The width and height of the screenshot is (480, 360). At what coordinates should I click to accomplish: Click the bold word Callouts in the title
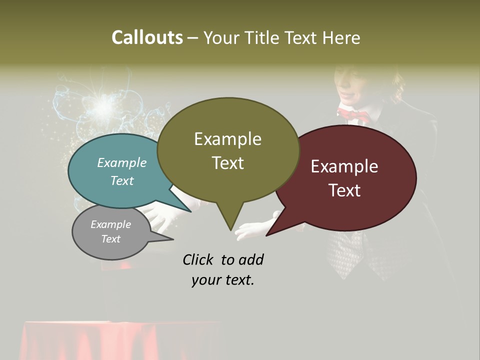[x=147, y=37]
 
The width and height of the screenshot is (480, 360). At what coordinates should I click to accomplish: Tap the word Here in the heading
[x=341, y=37]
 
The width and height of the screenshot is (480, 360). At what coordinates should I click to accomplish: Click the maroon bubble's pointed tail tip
[x=267, y=234]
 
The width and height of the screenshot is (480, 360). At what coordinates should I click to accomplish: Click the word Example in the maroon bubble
[x=344, y=166]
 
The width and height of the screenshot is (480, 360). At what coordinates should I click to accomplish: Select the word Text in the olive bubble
[x=228, y=163]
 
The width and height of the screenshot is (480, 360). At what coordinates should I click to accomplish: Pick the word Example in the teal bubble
[x=122, y=162]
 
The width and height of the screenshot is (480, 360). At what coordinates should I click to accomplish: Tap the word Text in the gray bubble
[x=111, y=239]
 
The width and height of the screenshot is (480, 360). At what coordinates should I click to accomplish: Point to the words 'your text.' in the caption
[x=223, y=280]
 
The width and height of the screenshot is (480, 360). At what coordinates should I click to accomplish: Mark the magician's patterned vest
[x=350, y=250]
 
